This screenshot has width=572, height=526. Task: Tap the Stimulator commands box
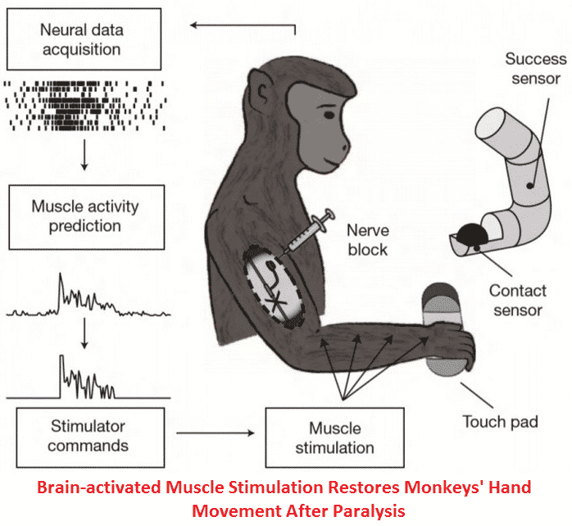click(89, 436)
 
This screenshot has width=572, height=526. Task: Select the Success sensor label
click(533, 69)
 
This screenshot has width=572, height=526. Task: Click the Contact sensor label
click(516, 300)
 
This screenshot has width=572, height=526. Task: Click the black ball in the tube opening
click(473, 237)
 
